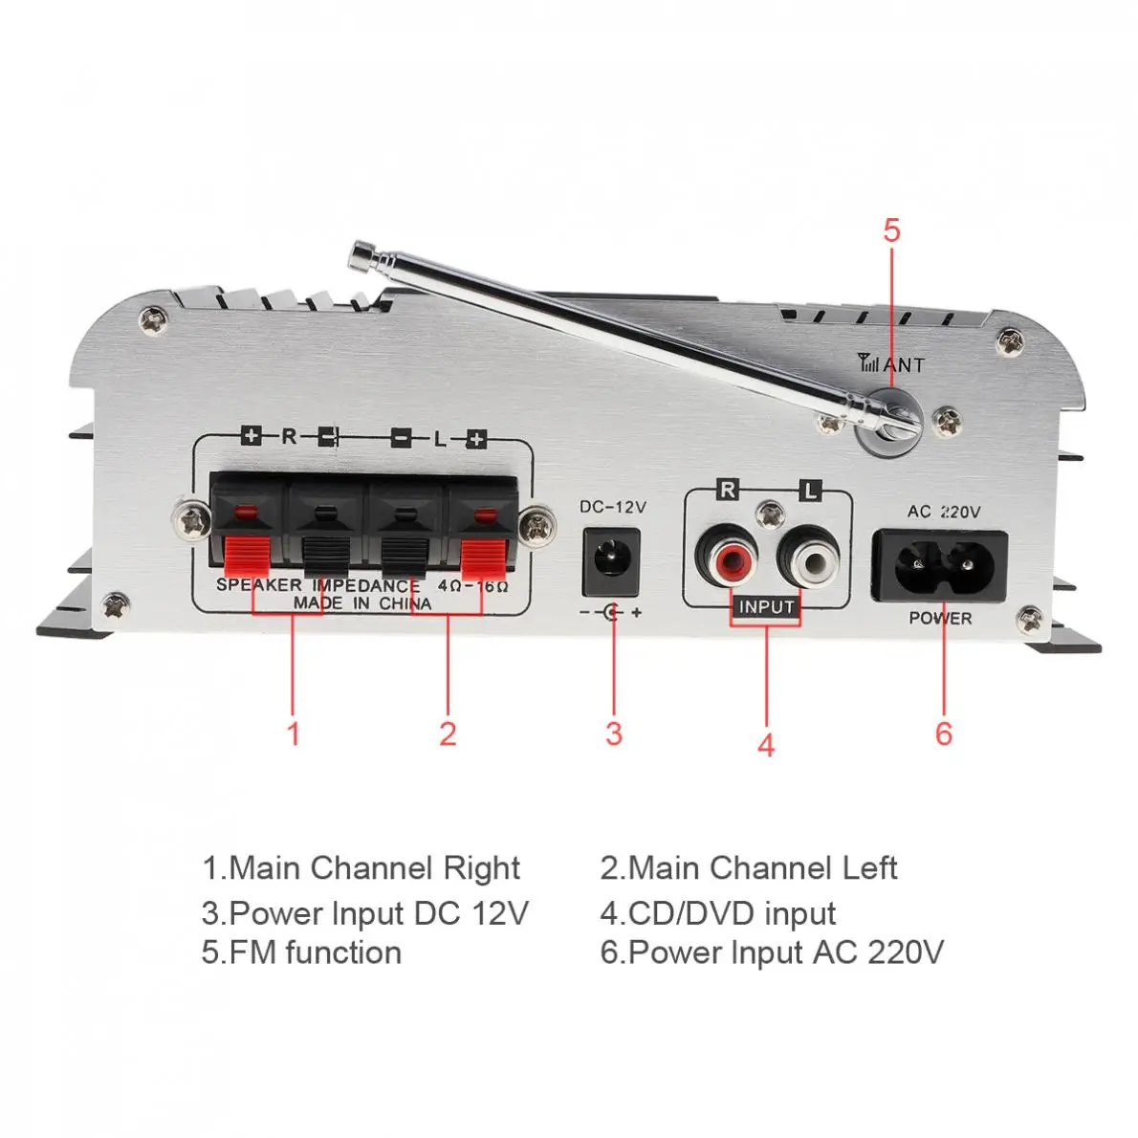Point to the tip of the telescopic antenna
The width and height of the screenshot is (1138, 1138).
[361, 253]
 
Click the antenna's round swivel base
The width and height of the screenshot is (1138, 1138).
[888, 421]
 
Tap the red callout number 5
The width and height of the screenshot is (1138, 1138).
[891, 230]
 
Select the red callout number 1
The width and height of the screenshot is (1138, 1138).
[294, 733]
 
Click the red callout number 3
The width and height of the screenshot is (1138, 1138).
[613, 733]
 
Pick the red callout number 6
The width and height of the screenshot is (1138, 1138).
[944, 733]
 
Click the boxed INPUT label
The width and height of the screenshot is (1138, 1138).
[766, 606]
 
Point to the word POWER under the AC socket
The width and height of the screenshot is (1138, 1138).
[940, 618]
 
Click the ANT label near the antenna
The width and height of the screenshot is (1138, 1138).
[903, 364]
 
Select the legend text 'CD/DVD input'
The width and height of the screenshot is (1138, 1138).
[718, 913]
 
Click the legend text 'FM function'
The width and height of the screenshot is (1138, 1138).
[301, 952]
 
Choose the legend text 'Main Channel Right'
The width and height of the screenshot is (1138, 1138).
[361, 868]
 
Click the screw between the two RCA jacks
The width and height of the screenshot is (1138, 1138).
[767, 515]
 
